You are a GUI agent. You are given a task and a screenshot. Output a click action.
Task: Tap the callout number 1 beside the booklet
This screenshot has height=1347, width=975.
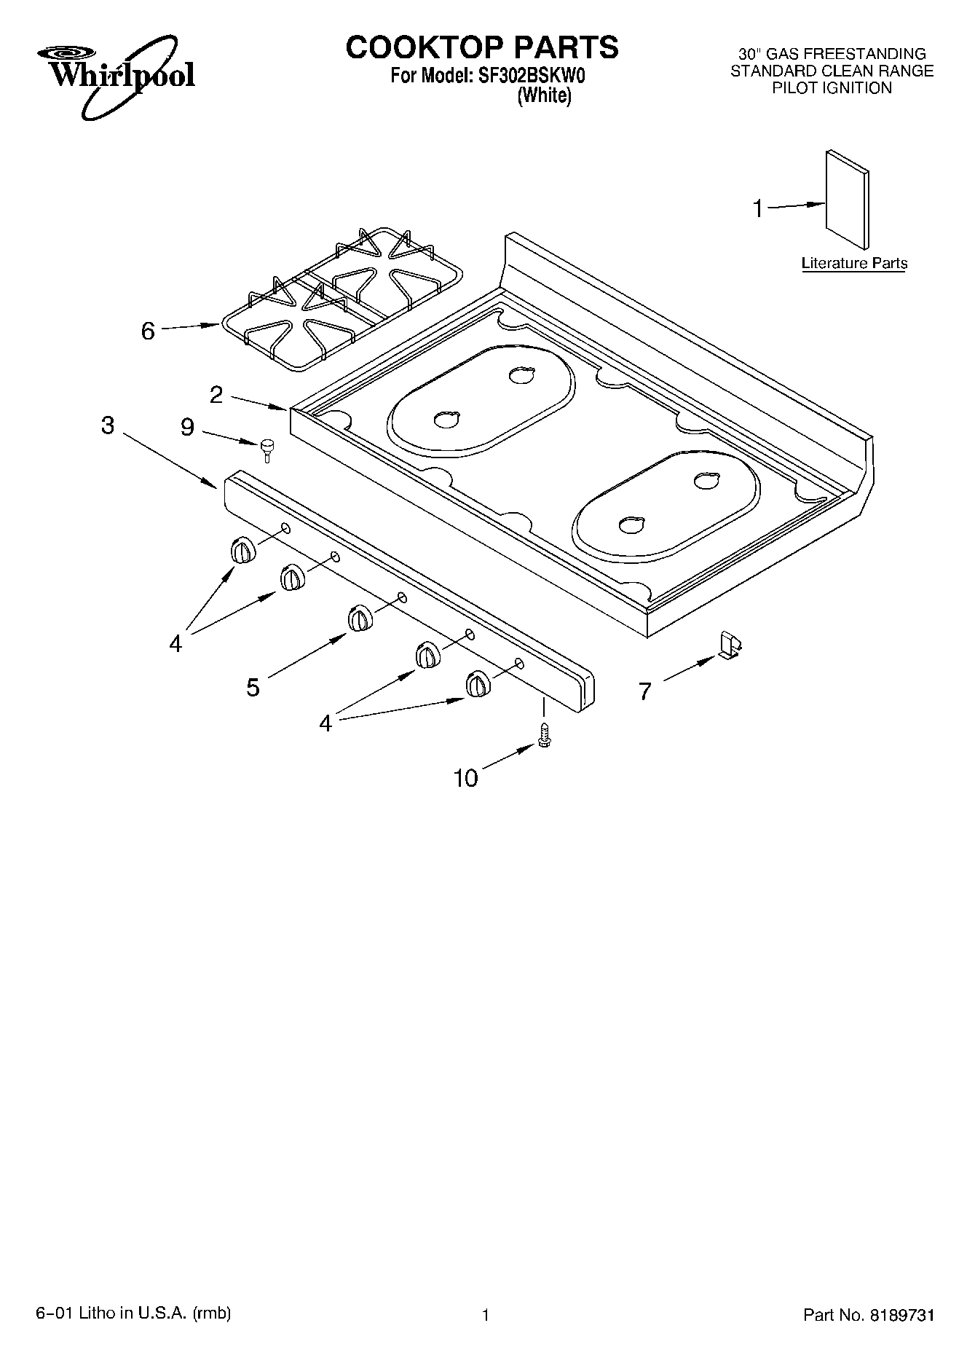pos(758,209)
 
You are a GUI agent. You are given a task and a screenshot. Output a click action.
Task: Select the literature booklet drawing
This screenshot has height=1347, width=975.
pos(847,200)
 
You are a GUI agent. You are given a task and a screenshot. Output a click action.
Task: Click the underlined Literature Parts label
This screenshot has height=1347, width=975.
pos(854,263)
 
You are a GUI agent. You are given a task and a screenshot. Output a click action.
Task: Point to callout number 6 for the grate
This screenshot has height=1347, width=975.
pos(148,331)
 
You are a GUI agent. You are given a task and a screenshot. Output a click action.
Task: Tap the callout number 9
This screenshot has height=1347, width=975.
pos(187,428)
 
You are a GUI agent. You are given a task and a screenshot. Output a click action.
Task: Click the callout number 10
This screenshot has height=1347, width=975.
pos(465,779)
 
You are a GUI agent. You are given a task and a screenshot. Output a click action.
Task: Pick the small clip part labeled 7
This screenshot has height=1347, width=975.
pos(730,645)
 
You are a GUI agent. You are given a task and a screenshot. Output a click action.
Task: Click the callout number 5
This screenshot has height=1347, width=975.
pos(253,687)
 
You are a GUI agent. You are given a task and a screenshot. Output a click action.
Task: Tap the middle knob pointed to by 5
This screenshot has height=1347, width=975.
pos(359,618)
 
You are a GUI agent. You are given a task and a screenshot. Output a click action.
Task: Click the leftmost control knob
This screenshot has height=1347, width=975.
pos(242,551)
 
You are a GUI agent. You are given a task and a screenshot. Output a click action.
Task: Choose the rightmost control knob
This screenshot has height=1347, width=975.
pos(477,684)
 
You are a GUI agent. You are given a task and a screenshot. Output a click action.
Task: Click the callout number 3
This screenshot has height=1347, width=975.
pos(108,425)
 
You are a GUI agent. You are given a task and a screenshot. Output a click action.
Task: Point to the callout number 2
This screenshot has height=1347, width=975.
pos(216,395)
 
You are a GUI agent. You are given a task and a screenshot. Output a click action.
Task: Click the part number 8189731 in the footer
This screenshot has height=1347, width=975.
pos(901,1314)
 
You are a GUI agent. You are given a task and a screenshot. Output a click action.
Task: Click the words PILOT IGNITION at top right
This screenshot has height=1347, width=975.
pos(832,88)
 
